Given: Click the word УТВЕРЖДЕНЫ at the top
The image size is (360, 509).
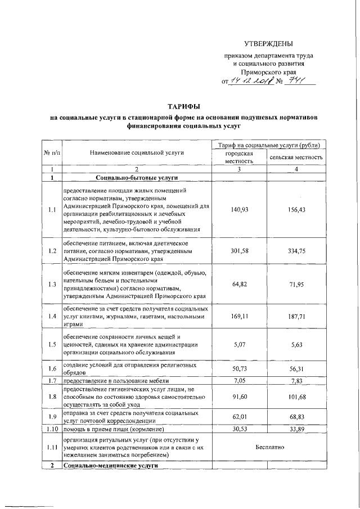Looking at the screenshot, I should (268, 44).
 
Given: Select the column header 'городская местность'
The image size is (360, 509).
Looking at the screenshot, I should (239, 157).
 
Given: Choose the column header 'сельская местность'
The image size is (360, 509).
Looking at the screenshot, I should (296, 157).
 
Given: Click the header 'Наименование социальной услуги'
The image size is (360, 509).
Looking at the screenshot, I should (136, 152).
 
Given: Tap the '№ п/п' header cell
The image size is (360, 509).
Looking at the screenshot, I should (52, 152).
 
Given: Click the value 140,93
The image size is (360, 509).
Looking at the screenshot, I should (239, 210).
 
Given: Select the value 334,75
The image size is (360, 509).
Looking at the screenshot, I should (296, 250).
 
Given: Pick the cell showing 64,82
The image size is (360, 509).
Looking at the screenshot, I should (239, 285).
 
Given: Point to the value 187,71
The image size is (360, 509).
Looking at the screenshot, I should (296, 316).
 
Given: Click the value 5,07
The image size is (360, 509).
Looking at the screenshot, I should (239, 345).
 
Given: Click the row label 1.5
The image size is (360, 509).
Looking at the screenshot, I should (52, 345).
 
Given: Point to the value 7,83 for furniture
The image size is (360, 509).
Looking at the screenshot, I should (296, 381).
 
